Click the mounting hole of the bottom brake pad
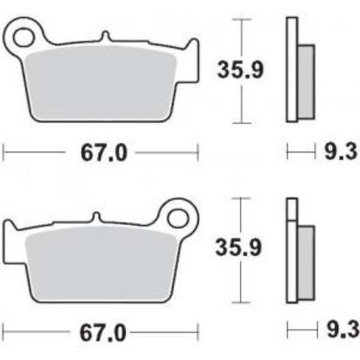click(178, 218)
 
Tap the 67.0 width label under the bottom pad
click(104, 333)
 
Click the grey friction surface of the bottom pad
click(100, 263)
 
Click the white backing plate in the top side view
click(292, 69)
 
